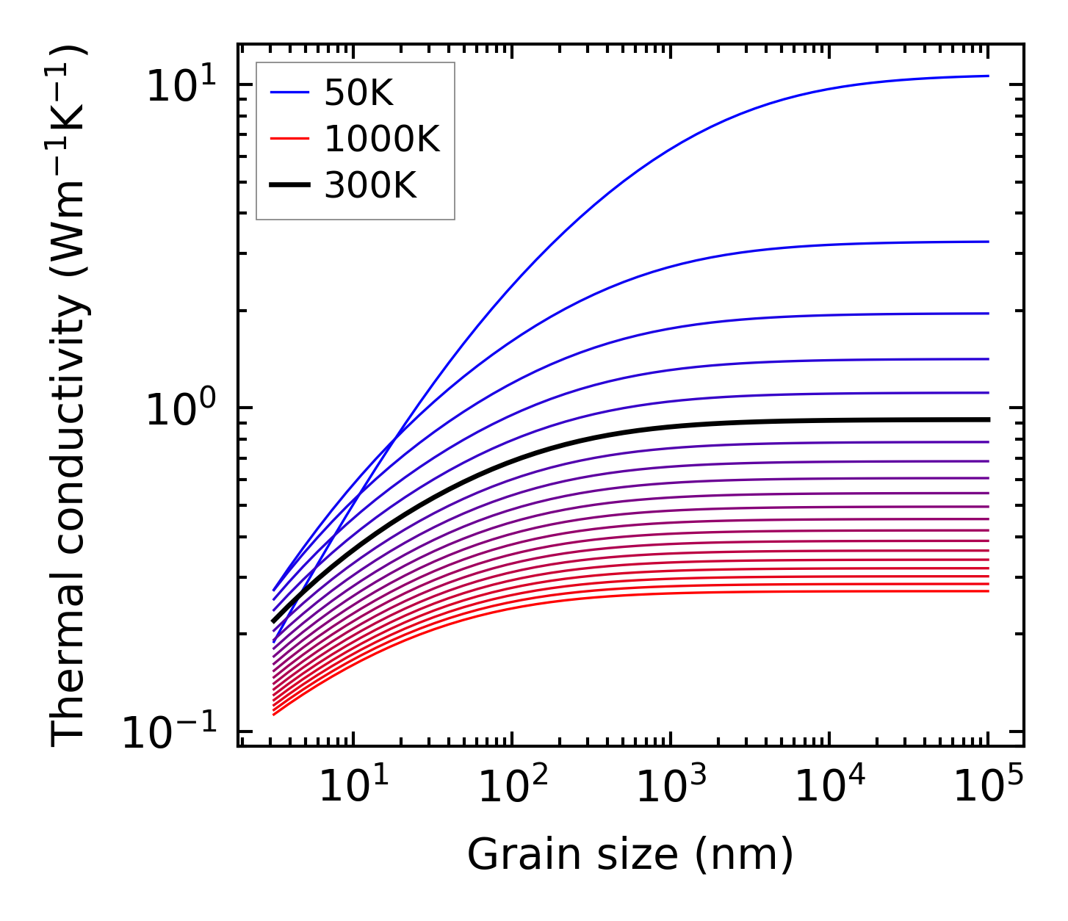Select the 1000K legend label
[381, 139]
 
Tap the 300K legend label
[369, 186]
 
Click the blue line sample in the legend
[289, 93]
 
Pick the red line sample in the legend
[289, 139]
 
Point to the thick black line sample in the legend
[289, 186]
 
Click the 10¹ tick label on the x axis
[354, 786]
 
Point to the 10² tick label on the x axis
[513, 786]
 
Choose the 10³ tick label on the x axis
[671, 786]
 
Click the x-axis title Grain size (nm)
[630, 854]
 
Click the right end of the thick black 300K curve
[988, 419]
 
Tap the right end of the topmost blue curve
[988, 76]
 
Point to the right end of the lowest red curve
[988, 591]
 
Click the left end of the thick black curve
[273, 621]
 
